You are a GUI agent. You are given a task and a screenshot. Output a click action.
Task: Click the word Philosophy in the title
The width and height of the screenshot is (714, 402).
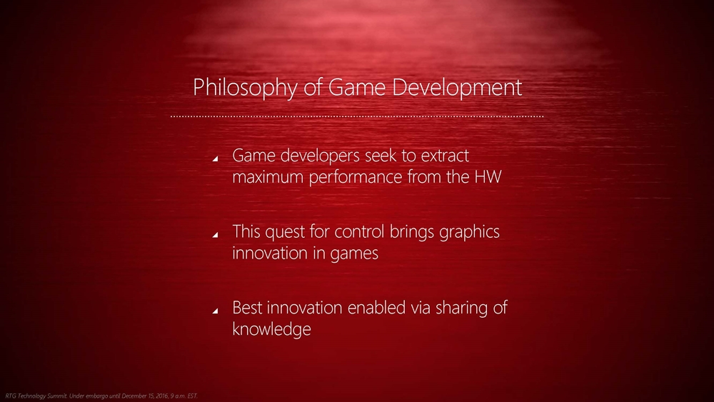pyautogui.click(x=245, y=88)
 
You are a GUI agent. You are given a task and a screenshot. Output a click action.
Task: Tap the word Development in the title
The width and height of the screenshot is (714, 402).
pyautogui.click(x=457, y=88)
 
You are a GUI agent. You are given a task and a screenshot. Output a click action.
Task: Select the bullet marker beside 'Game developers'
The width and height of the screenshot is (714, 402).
pyautogui.click(x=215, y=159)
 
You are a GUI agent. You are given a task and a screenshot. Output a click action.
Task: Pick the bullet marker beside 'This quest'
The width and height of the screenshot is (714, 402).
pyautogui.click(x=215, y=234)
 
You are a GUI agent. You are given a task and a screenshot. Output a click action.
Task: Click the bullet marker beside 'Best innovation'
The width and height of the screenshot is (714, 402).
pyautogui.click(x=215, y=311)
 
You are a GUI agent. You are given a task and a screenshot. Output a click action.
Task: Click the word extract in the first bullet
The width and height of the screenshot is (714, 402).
pyautogui.click(x=444, y=156)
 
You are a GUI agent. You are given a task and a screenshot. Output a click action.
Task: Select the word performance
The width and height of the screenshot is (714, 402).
pyautogui.click(x=356, y=178)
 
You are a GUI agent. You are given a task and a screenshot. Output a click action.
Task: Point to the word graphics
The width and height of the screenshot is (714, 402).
pyautogui.click(x=470, y=232)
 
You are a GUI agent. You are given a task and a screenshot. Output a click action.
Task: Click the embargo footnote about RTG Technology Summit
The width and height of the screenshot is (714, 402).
pyautogui.click(x=101, y=396)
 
